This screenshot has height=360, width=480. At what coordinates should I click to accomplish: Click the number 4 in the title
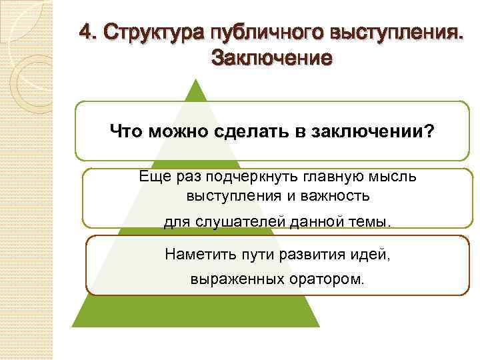[85, 32]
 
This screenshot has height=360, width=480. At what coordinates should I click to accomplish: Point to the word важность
[335, 196]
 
